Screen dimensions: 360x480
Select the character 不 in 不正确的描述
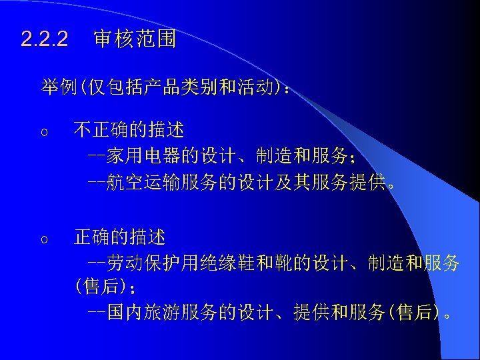pyautogui.click(x=82, y=129)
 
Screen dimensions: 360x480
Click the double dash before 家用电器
pyautogui.click(x=97, y=156)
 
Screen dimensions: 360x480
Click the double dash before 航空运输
pyautogui.click(x=97, y=181)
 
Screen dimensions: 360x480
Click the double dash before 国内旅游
pyautogui.click(x=97, y=312)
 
